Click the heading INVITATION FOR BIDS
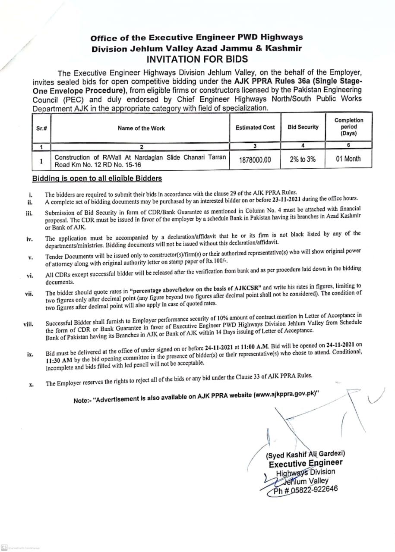click(197, 59)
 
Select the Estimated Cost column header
click(255, 128)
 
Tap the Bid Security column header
click(303, 127)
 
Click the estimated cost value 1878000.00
click(255, 160)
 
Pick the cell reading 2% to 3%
click(303, 159)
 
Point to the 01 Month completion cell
click(348, 159)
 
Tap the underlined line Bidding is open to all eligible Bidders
click(97, 178)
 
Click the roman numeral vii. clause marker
click(29, 294)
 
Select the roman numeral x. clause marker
click(31, 384)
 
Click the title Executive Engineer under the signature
click(306, 463)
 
